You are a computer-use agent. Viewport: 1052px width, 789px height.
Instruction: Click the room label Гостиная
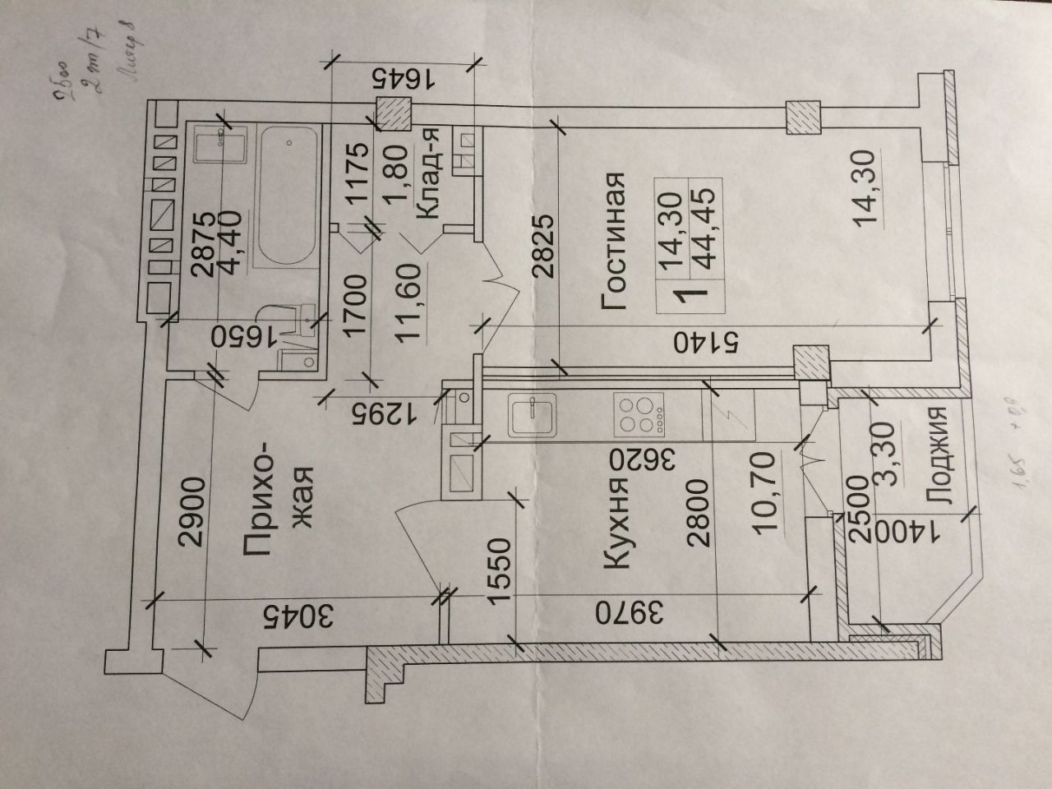tap(616, 241)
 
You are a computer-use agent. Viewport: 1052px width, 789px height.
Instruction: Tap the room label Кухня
tap(619, 524)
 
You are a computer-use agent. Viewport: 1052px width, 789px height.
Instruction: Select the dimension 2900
tap(191, 511)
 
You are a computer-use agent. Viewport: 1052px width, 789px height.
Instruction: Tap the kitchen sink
tap(534, 415)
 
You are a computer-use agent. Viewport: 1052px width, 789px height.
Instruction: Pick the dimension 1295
tap(378, 412)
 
